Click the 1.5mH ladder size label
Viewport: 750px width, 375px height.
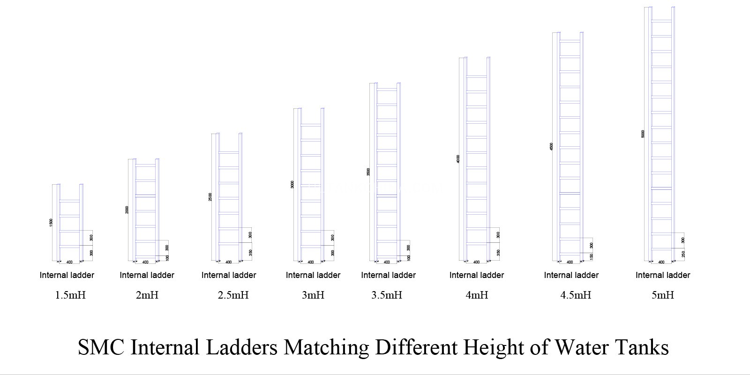(x=70, y=295)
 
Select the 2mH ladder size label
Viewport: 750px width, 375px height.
(x=147, y=295)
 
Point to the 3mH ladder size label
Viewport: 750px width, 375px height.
(x=313, y=295)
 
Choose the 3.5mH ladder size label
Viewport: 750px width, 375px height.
(x=387, y=295)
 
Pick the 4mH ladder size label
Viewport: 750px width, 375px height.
(x=477, y=295)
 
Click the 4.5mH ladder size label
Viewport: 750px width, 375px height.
(x=576, y=295)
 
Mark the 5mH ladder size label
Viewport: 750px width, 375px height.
(x=663, y=295)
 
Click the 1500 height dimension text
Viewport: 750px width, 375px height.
(x=51, y=223)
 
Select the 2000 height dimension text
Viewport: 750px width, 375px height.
(x=127, y=210)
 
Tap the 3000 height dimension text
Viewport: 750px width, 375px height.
(x=292, y=184)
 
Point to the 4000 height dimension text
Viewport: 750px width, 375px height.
(x=457, y=159)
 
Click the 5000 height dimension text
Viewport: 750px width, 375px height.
(x=643, y=134)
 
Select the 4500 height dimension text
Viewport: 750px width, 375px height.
(x=551, y=146)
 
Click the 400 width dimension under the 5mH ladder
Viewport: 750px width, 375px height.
(x=661, y=262)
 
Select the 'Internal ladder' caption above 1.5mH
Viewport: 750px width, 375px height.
(x=67, y=275)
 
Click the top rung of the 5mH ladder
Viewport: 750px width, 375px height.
(x=661, y=21)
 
